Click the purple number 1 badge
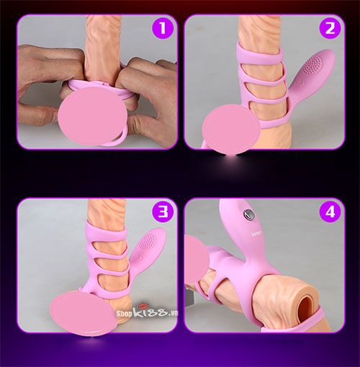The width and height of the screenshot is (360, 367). pos(163,28)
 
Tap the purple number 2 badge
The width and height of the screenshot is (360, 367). pos(330,28)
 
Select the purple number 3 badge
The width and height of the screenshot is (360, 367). pos(163,212)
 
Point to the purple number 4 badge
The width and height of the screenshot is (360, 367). pos(330,212)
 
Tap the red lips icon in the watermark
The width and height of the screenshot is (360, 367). pos(143,307)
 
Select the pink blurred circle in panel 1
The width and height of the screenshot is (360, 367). pos(92,116)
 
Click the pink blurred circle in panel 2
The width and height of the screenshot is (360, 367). pos(232,129)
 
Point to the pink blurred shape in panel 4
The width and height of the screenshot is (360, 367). pos(196,260)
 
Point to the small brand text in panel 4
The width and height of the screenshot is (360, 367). pos(256,232)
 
